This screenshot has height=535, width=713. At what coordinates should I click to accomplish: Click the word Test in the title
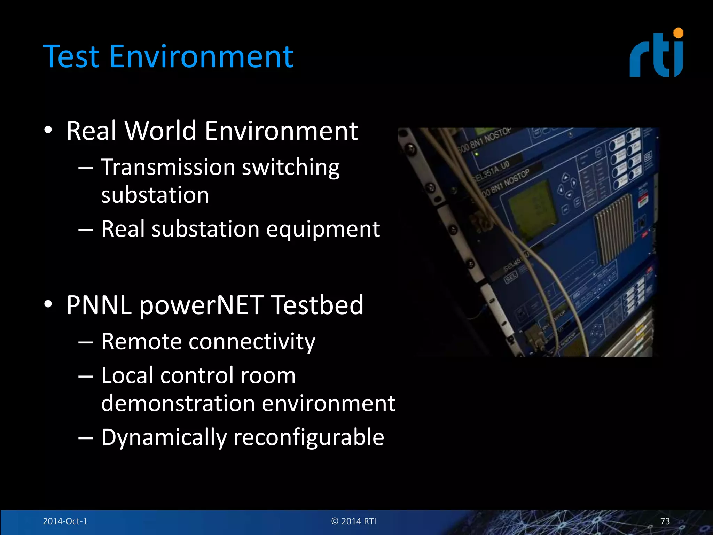click(x=71, y=56)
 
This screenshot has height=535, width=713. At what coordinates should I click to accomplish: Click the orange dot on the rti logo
click(x=678, y=33)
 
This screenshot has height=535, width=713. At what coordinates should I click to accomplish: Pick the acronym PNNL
click(x=99, y=305)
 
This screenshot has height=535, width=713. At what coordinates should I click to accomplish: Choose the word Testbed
click(x=317, y=305)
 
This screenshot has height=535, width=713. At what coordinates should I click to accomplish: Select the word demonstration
click(x=178, y=403)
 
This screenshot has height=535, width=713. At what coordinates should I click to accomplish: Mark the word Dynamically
click(x=164, y=437)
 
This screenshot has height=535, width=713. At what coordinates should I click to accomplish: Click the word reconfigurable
click(x=309, y=437)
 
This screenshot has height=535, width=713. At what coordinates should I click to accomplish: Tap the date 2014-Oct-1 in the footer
click(x=65, y=521)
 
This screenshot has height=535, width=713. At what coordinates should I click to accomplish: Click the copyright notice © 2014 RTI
click(x=354, y=521)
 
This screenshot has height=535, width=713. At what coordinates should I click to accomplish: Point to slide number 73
click(x=665, y=521)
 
